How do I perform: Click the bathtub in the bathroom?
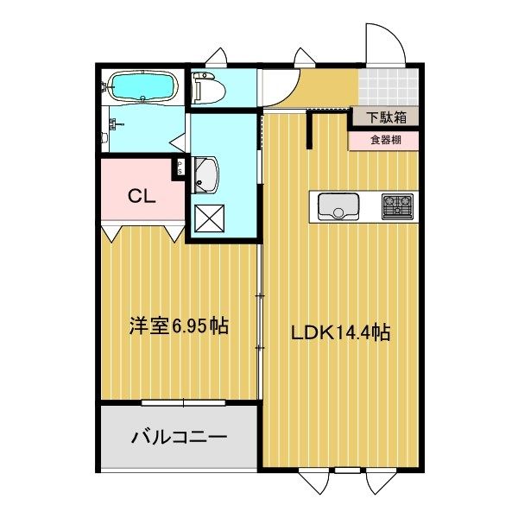[x=142, y=87]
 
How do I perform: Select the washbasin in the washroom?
[x=205, y=175]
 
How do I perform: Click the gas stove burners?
[x=398, y=205]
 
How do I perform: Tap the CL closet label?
[x=141, y=195]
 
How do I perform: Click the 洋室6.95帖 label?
[x=179, y=325]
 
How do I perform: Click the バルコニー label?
[x=179, y=437]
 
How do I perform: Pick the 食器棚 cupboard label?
[x=384, y=139]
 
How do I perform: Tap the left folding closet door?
[x=110, y=232]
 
